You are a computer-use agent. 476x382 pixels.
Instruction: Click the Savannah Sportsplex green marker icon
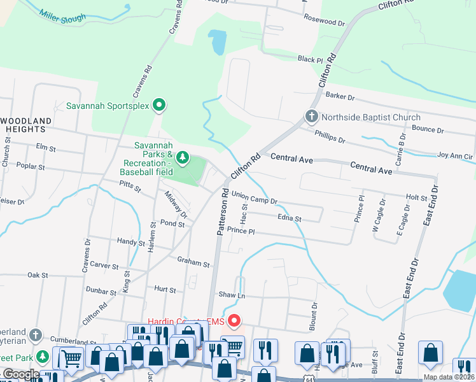click(160, 105)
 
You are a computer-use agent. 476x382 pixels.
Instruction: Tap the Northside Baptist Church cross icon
click(311, 117)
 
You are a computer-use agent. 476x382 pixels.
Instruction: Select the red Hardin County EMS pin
click(234, 321)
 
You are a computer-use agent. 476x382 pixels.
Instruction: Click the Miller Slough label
click(62, 17)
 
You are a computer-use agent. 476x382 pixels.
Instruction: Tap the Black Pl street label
click(311, 59)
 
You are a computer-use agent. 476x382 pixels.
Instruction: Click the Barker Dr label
click(340, 96)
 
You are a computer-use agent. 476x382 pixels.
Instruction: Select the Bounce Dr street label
click(428, 129)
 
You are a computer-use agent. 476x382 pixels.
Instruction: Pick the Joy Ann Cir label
click(455, 155)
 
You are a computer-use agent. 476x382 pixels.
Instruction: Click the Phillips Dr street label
click(330, 136)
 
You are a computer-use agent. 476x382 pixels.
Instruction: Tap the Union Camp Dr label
click(255, 197)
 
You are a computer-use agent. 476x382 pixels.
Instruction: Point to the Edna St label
click(289, 218)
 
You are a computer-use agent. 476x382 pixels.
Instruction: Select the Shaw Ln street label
click(232, 295)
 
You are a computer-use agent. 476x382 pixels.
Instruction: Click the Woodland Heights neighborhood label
click(27, 125)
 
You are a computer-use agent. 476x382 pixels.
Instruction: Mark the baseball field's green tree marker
click(183, 157)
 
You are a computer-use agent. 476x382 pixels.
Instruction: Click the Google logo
click(20, 374)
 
